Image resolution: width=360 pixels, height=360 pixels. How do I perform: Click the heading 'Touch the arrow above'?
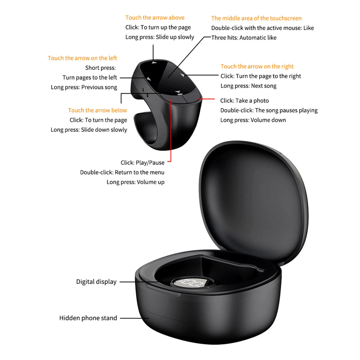click(155, 18)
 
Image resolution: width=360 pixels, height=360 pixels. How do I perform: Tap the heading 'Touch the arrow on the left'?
click(82, 58)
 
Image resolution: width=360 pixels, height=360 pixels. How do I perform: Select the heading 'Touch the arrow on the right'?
click(257, 66)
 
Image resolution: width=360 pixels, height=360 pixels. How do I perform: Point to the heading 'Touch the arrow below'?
click(97, 110)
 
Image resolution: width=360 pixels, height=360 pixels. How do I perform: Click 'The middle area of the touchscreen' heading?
click(256, 18)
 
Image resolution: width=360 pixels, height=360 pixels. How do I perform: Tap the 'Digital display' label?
click(96, 282)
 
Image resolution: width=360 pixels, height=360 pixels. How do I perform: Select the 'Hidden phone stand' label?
click(88, 318)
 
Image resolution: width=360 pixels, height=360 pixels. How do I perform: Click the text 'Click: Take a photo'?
click(244, 101)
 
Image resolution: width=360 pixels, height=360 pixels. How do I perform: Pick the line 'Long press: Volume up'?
click(135, 182)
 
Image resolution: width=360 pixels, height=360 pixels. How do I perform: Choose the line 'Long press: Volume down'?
click(253, 120)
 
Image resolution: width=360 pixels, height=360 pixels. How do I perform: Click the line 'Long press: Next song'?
click(248, 86)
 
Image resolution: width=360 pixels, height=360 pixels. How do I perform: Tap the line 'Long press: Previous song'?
click(84, 87)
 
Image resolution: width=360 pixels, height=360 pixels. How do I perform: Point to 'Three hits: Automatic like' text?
click(244, 38)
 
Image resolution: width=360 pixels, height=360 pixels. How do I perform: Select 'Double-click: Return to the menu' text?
click(122, 172)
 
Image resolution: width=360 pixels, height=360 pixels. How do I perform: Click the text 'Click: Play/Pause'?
click(142, 163)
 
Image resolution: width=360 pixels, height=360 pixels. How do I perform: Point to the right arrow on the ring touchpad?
click(182, 75)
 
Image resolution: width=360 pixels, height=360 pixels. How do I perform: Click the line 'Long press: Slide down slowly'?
click(89, 130)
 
